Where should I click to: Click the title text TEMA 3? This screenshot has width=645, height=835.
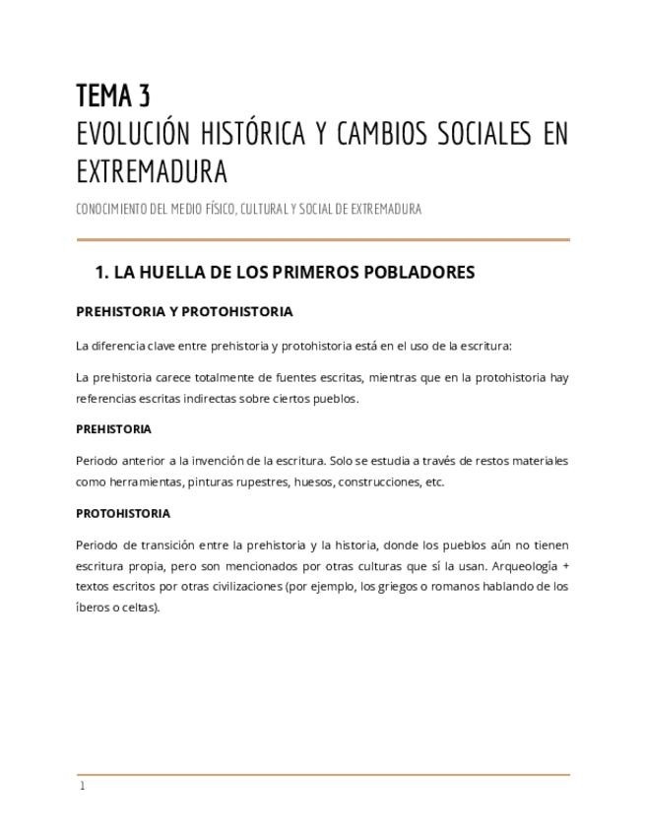[x=113, y=96]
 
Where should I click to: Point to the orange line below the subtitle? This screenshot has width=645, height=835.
[x=323, y=239]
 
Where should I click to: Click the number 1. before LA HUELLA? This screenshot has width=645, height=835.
[x=101, y=272]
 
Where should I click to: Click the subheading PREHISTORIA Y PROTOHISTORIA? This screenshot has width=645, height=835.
[x=184, y=311]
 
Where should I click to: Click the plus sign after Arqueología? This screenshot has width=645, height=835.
[x=565, y=566]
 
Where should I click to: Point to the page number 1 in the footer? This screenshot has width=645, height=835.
[x=83, y=786]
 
